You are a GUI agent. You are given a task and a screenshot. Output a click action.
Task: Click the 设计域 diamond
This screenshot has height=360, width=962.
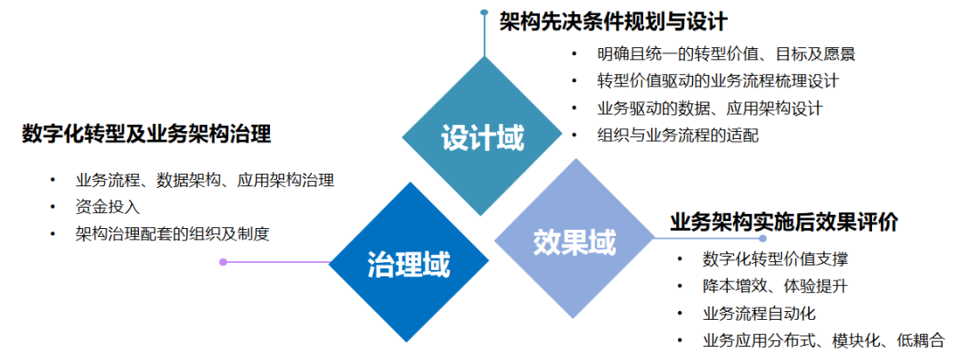point(482,138)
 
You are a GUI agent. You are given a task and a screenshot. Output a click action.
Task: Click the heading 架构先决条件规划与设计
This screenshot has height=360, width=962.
point(614,21)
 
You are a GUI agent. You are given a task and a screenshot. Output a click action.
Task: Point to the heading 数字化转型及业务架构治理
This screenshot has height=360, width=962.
point(146,135)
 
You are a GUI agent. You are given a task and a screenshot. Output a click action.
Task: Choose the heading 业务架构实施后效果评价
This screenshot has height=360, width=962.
point(785,221)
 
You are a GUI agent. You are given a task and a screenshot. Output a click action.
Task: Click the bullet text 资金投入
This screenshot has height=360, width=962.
point(108,207)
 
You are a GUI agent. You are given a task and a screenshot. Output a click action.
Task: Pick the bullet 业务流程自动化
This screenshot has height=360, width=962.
point(758,313)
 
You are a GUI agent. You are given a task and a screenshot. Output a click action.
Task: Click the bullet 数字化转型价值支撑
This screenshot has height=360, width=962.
point(774,259)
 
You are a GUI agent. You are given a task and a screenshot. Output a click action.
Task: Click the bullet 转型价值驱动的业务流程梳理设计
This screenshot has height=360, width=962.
point(718,81)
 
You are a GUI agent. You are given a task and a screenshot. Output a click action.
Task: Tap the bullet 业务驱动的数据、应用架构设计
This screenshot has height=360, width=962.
point(709,109)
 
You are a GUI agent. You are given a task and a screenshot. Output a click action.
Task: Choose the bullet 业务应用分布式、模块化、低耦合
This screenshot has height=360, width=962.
point(818,340)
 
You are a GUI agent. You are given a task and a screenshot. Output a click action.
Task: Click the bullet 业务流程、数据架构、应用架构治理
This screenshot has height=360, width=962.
point(205,180)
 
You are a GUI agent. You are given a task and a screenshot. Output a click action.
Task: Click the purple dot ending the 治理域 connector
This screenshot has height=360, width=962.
point(224,262)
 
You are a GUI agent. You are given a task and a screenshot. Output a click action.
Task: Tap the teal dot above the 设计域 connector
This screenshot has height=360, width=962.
point(484,12)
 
